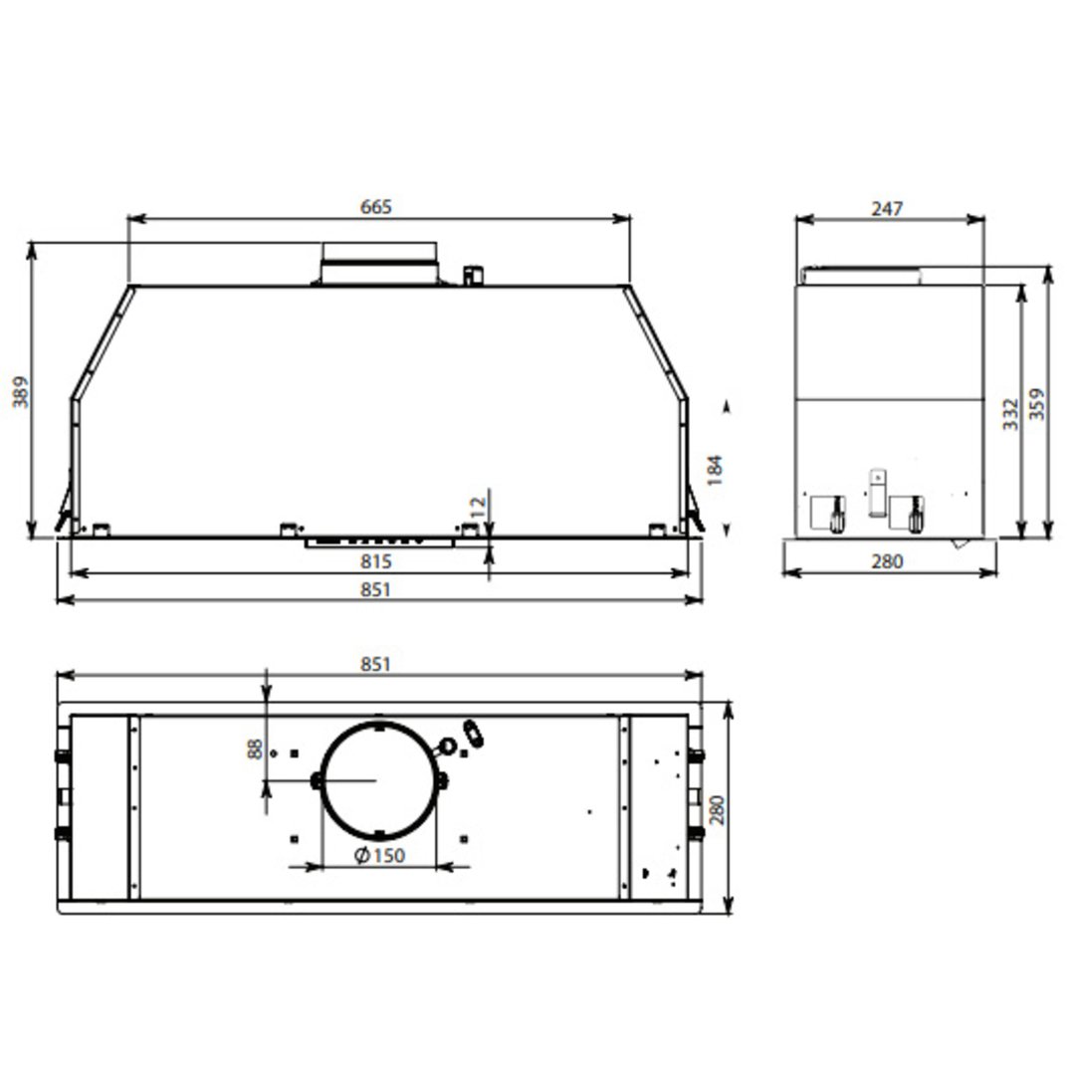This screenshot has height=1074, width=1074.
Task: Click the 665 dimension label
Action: point(376,207)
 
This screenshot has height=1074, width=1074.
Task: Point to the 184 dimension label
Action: point(714,468)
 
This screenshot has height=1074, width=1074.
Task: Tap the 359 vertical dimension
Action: point(1037,404)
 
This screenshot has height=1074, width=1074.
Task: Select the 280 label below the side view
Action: point(886,562)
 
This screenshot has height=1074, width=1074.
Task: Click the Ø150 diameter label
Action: point(379,856)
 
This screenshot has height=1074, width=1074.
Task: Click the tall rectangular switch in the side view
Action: point(876,493)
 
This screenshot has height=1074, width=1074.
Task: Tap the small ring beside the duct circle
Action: point(448,746)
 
